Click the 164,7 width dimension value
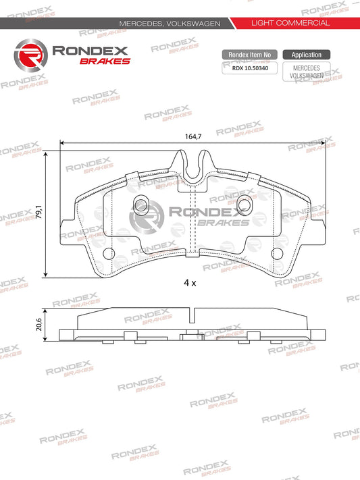(x=192, y=136)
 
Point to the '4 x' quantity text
(x=190, y=284)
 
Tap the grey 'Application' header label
(x=306, y=55)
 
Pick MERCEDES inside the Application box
(x=306, y=68)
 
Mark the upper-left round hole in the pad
(x=141, y=203)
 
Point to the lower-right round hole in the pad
(x=277, y=253)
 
